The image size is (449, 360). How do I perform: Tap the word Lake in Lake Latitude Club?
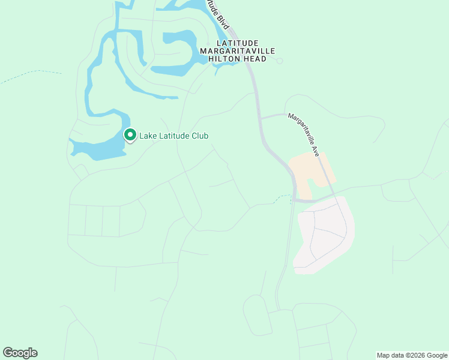148,136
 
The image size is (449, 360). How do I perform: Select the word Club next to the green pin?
199,136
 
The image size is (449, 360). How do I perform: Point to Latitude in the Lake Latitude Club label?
173,136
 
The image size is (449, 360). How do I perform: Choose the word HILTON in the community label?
225,59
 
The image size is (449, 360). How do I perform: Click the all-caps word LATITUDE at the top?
237,43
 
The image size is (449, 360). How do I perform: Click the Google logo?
20,353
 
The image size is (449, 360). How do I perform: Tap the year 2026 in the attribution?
414,355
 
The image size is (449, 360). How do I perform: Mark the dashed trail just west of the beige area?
280,197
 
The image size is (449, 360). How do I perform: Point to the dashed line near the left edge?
30,74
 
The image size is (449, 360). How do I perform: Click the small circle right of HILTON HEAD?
279,61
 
